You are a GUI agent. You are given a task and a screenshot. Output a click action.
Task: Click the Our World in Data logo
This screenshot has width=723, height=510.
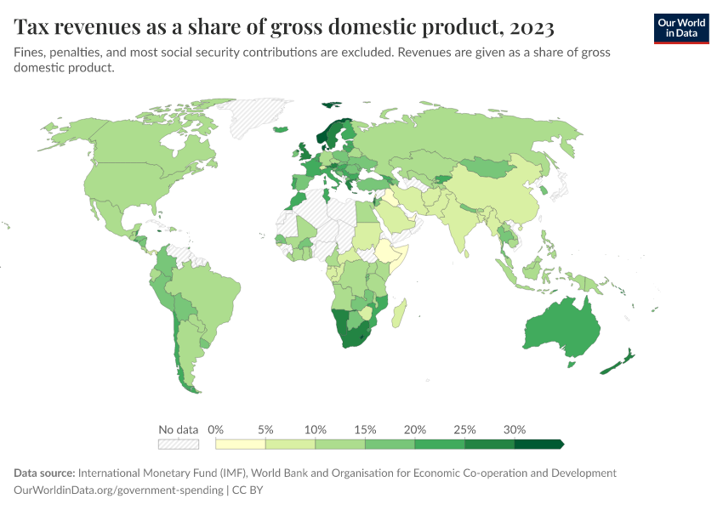[x=680, y=28]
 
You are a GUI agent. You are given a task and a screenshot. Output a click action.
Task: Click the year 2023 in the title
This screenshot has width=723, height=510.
[x=533, y=28]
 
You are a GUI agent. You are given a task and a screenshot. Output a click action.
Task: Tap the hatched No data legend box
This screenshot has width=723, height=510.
[x=179, y=444]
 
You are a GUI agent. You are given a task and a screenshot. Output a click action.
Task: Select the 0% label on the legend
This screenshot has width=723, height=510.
[x=216, y=429]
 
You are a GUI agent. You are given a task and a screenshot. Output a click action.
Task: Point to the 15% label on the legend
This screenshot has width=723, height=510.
[x=365, y=429]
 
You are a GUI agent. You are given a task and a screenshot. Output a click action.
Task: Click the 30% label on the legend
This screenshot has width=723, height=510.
[x=515, y=429]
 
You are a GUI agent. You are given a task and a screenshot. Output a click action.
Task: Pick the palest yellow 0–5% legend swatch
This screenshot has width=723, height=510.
[x=241, y=444]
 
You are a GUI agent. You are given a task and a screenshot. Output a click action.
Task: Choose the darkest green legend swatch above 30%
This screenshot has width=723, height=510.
[x=538, y=444]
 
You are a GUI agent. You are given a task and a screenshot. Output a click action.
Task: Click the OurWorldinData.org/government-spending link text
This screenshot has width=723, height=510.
[x=119, y=490]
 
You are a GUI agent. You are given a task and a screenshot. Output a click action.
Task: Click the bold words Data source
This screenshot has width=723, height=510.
[x=44, y=473]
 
